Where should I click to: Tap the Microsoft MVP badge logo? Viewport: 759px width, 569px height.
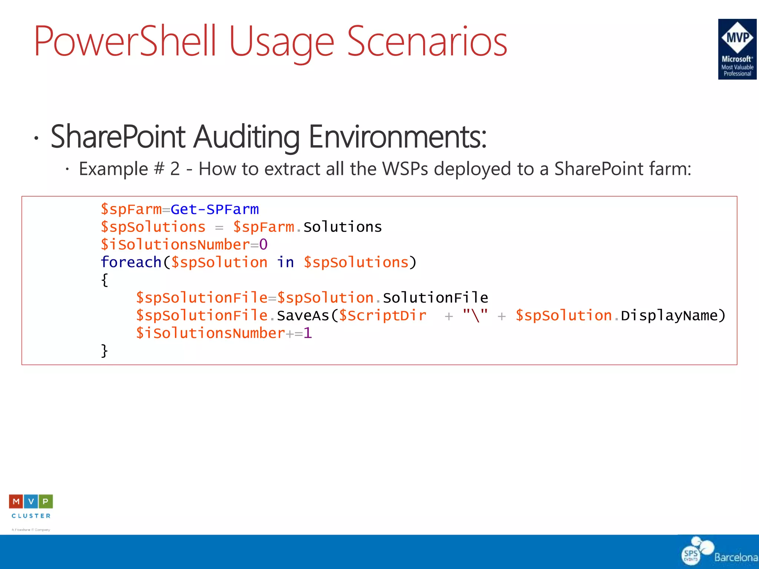pos(737,49)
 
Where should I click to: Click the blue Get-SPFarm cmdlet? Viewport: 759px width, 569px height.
pos(215,210)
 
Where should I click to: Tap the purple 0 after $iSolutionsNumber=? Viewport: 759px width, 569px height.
pos(264,245)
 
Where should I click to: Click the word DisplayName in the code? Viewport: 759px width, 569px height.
pos(669,316)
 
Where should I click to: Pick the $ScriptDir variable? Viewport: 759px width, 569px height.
pos(382,316)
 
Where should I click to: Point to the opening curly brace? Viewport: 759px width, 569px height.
pos(105,280)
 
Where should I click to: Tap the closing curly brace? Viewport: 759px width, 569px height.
pos(105,350)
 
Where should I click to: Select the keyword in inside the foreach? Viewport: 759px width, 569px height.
pos(285,263)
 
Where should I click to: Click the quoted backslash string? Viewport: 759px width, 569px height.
pos(475,316)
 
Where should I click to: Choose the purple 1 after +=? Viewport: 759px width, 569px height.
pos(308,333)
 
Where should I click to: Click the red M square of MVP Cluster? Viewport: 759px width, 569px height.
pos(16,502)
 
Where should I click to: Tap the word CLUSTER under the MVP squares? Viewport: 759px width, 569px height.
pos(31,516)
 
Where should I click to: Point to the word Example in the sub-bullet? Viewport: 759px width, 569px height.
pos(113,169)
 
